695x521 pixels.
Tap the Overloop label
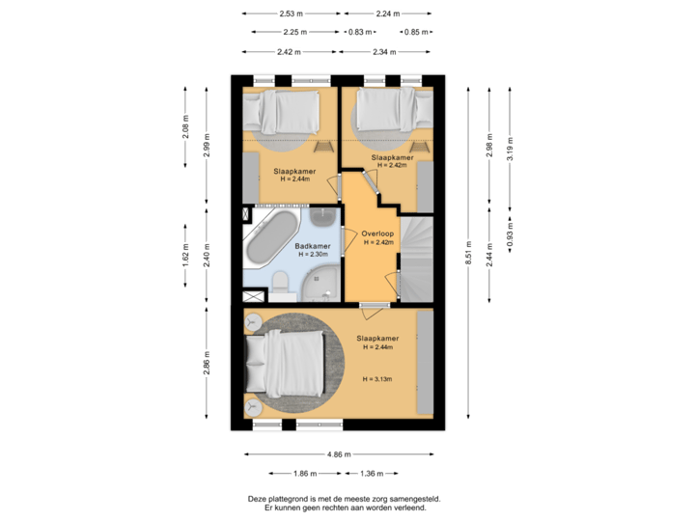[376, 233]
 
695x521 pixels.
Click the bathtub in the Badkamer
[271, 238]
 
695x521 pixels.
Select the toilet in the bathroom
[281, 281]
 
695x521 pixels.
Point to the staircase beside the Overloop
[417, 256]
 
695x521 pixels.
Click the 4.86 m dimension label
[339, 453]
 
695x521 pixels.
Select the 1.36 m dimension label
[372, 473]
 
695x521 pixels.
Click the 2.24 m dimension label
[387, 14]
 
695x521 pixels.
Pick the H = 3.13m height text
[376, 380]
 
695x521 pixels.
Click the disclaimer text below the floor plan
[344, 502]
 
